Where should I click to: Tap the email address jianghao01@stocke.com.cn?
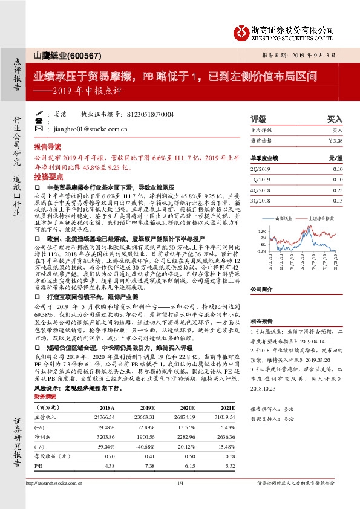(x=90, y=129)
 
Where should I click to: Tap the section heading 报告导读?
(x=48, y=146)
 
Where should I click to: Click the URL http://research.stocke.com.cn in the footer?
(x=69, y=483)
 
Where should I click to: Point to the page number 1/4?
(x=180, y=483)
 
